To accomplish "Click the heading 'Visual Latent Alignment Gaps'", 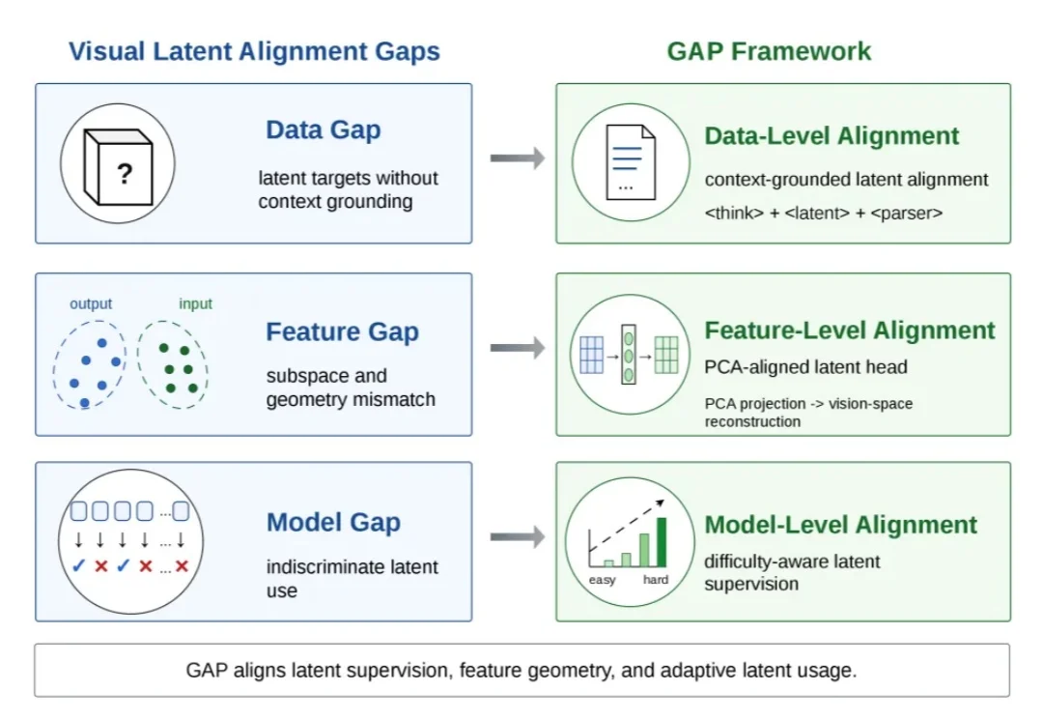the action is coord(254,52).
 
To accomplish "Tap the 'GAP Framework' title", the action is coord(769,51).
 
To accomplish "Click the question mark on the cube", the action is coord(125,174).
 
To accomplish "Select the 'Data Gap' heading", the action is coord(324,129).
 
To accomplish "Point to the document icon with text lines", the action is coord(630,162).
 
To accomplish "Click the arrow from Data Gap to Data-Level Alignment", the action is coord(518,158).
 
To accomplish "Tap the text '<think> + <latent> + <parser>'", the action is coord(824,213).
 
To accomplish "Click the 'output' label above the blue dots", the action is coord(91,303).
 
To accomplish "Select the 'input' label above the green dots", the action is coord(195,303).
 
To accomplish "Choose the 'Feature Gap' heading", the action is coord(343,331).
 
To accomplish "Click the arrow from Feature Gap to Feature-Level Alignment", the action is coord(518,348).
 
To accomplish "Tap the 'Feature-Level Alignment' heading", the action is coord(850,331).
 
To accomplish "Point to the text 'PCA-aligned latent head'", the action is coord(806,367).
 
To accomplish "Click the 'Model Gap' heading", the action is coord(333,523).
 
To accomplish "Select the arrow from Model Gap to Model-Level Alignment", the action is coord(518,536).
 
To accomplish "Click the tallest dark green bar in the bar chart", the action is coord(662,542).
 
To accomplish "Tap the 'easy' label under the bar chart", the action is coord(602,580).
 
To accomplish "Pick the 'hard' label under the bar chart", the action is coord(656,579).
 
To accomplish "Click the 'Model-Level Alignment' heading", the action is coord(841,525).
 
